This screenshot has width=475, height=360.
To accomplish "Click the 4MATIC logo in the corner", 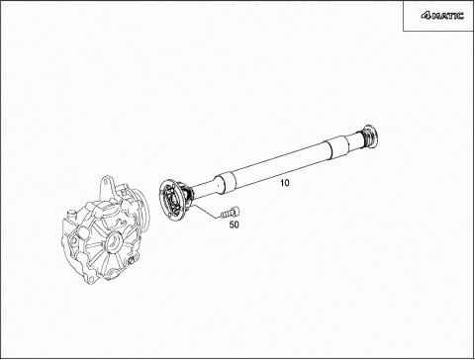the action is [442, 16].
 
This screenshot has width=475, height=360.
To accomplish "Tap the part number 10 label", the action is [285, 183].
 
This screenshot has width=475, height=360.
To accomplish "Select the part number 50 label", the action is [234, 225].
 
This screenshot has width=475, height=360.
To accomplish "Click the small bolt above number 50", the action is [231, 213].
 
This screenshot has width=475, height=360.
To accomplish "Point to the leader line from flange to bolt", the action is [205, 210].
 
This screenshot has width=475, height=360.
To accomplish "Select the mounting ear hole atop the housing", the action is [107, 182].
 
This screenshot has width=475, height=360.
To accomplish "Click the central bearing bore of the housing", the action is [112, 242].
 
